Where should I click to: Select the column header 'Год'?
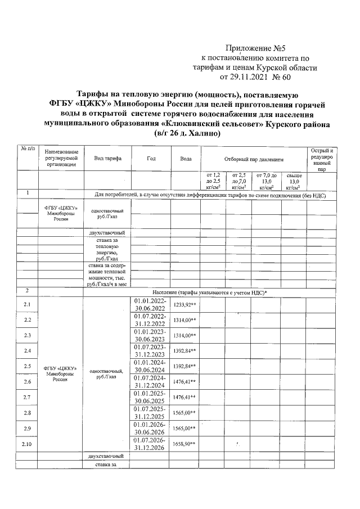[x=151, y=159]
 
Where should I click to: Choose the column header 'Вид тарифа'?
[x=107, y=159]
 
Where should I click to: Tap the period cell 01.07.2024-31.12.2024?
[x=150, y=381]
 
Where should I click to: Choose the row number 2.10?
[x=27, y=444]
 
